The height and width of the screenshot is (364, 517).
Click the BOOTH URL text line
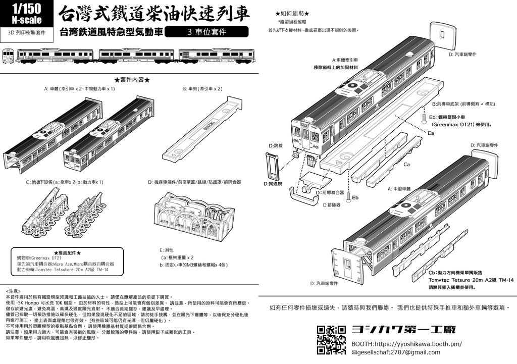pos(406,344)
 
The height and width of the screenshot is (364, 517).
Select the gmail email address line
pos(396,352)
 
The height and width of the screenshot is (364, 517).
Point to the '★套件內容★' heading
pos(132,80)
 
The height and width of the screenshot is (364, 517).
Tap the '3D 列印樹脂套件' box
pos(27,32)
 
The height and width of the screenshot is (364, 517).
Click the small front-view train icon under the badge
pos(8,55)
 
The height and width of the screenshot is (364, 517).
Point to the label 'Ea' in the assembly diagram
pos(431,133)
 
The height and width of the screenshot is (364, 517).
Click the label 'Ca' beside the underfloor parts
pos(406,165)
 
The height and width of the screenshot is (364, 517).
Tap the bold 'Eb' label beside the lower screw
pos(355,197)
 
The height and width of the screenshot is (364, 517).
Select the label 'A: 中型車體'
pos(400,188)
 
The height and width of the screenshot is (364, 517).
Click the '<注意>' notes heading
pos(14,291)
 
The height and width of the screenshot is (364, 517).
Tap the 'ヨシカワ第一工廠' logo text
pos(403,330)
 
